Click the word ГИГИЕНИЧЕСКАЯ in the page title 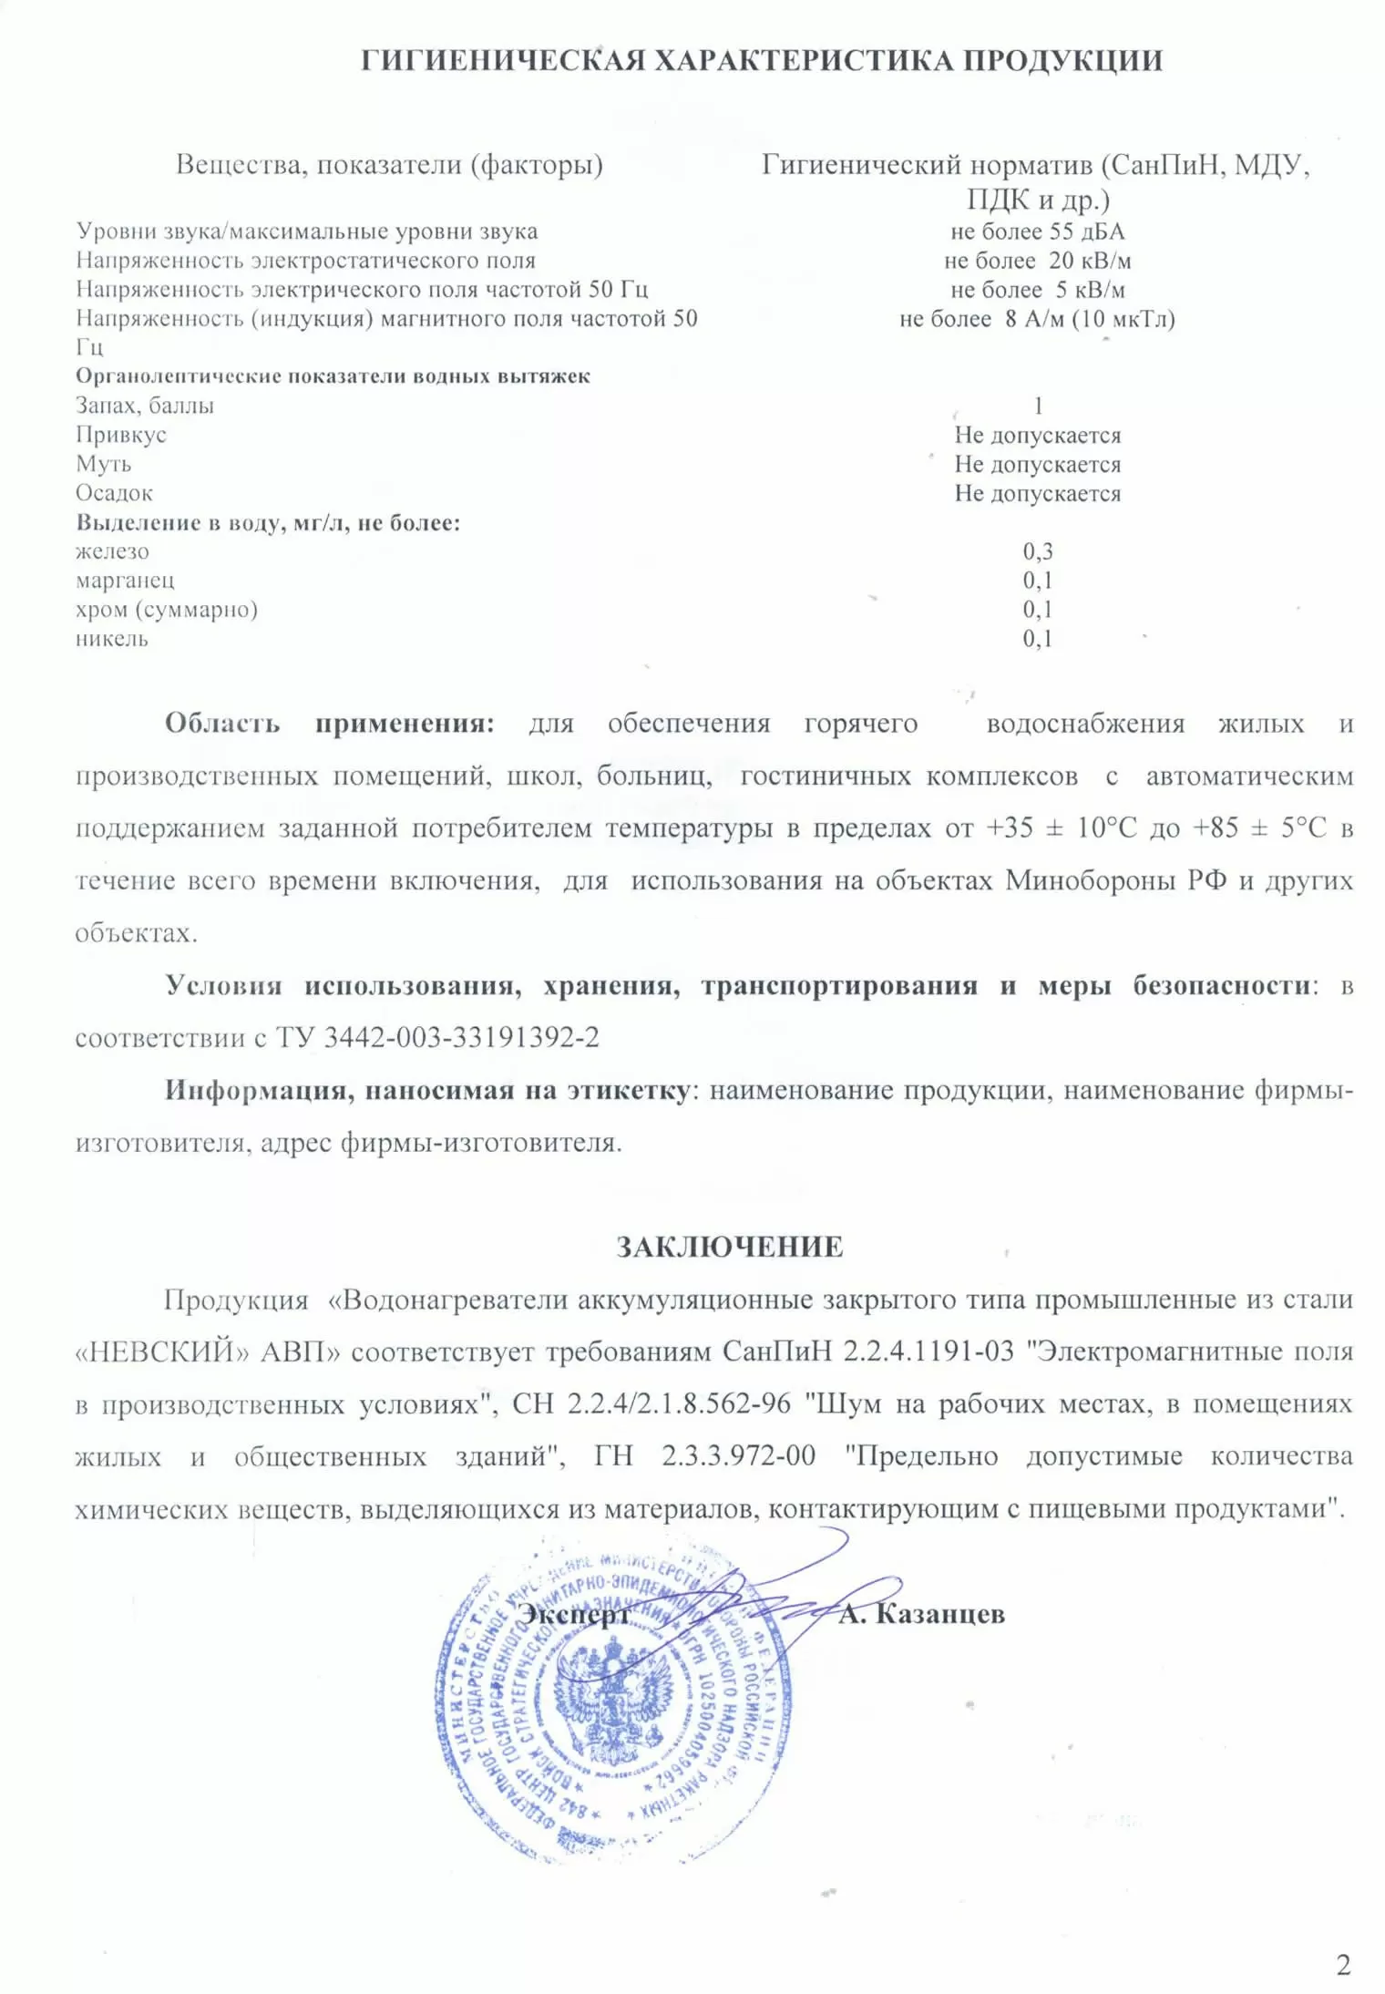point(504,61)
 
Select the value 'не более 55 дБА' point(1037,231)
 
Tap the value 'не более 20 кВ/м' point(1037,261)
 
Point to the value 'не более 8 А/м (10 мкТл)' point(1037,319)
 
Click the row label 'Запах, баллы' point(145,406)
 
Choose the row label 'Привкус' point(121,435)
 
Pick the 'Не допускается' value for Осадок point(1037,494)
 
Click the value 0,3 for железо point(1037,551)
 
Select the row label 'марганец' point(125,581)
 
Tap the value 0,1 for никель point(1037,639)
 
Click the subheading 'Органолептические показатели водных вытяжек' point(333,376)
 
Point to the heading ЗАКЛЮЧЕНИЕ point(729,1248)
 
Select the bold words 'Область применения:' point(329,724)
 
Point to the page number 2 point(1343,1966)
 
